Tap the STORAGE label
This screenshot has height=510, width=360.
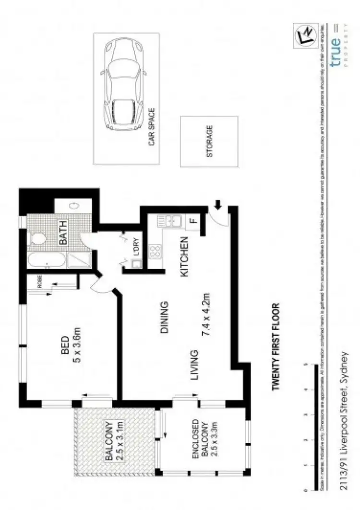[209, 142]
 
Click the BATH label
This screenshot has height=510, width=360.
[63, 232]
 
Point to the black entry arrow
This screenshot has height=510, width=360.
[217, 206]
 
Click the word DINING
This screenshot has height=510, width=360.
[164, 318]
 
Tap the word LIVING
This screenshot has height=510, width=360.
[194, 366]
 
